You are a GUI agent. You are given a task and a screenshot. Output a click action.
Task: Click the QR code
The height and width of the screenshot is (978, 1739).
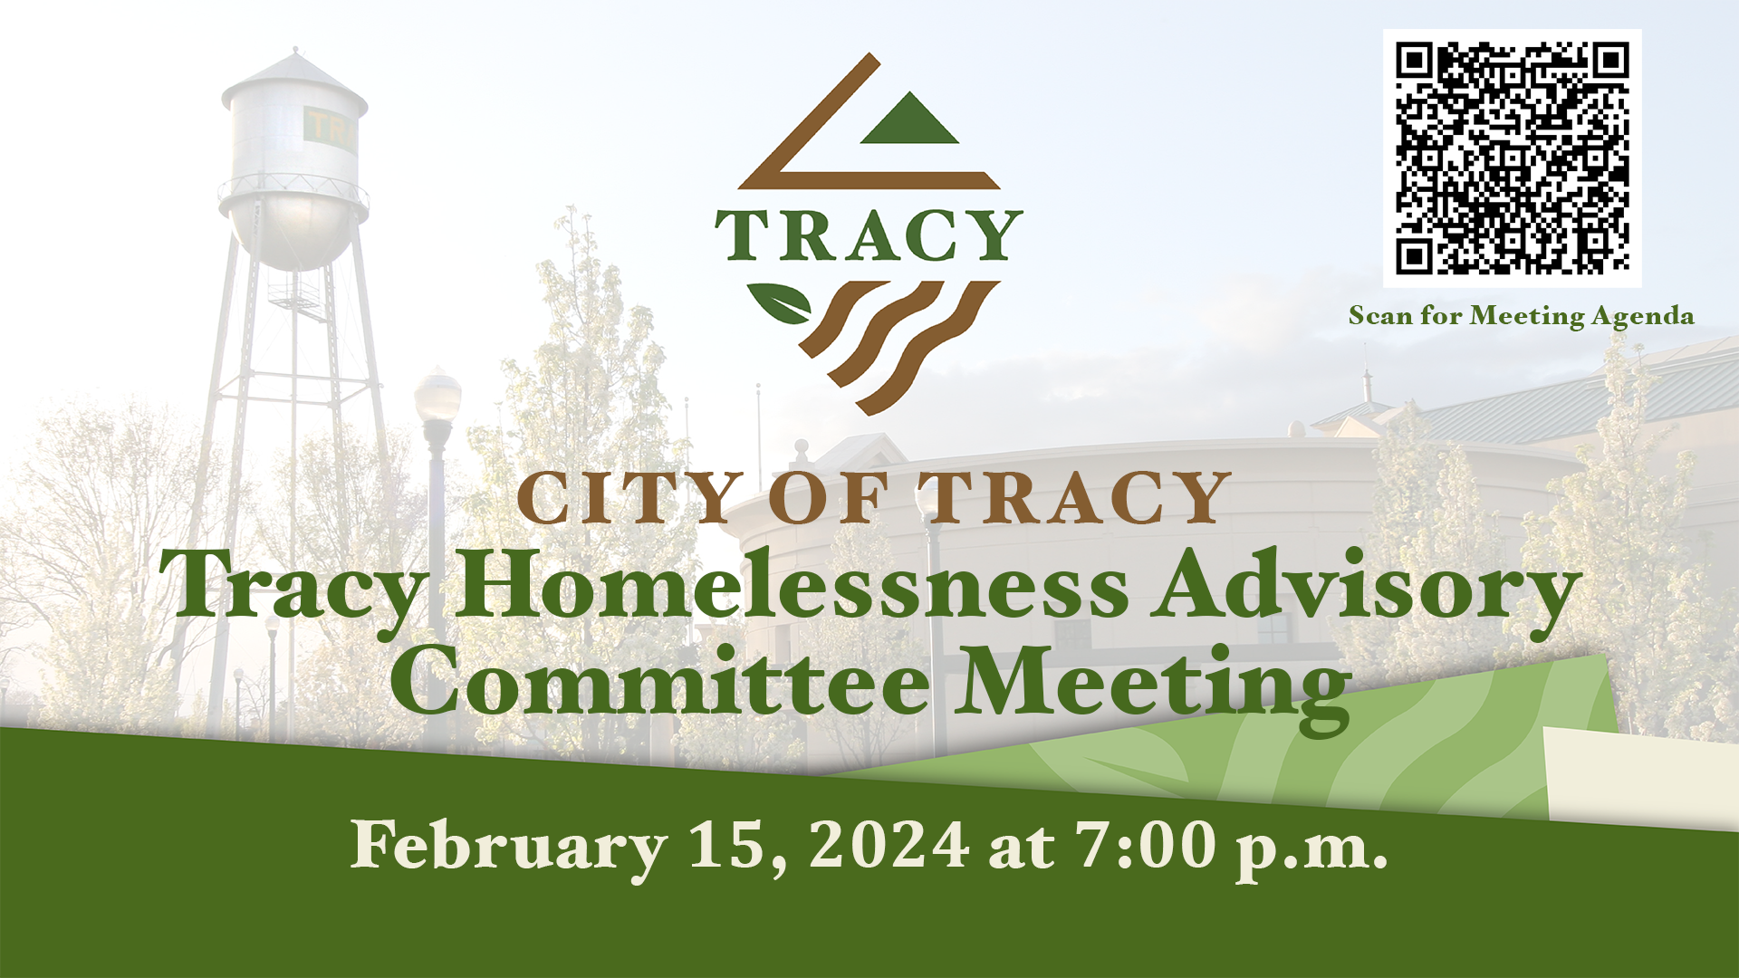tap(1512, 158)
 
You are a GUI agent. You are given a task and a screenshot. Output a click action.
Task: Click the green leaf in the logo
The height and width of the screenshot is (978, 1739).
tap(781, 303)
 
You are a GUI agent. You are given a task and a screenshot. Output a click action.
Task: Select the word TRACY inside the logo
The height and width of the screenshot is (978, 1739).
tap(869, 236)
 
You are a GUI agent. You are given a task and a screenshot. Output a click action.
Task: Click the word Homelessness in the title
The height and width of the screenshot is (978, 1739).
tap(792, 587)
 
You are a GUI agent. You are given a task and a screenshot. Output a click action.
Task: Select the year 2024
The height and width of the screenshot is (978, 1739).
tap(889, 845)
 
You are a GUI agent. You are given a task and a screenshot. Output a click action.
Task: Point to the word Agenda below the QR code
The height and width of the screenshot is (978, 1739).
tap(1642, 316)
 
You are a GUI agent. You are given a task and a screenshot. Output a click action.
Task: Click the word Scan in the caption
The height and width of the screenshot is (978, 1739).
tap(1379, 316)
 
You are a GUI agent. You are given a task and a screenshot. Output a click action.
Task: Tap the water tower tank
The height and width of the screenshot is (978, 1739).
tap(294, 163)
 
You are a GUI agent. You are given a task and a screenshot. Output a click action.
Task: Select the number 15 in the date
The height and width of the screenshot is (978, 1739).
tap(728, 845)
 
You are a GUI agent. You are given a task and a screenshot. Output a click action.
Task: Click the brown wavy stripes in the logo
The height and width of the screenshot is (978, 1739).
tap(897, 340)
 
